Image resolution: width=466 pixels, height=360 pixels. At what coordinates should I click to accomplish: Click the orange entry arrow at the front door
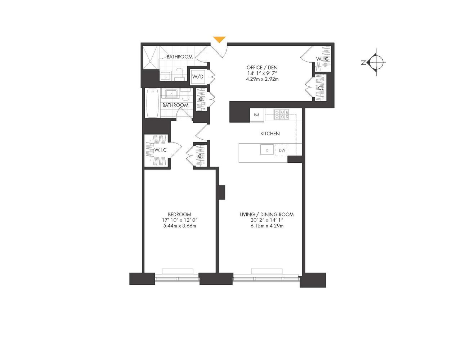click(x=219, y=39)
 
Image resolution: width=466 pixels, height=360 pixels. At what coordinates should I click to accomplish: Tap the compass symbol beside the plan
click(x=376, y=62)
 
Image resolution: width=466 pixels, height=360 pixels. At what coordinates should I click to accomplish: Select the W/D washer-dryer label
click(x=198, y=77)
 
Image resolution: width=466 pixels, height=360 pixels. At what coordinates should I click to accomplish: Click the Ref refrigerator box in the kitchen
click(x=257, y=115)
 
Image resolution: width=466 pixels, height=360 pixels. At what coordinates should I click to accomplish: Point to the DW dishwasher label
click(x=282, y=150)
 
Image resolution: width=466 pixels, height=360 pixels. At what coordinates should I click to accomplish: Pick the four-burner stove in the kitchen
click(x=281, y=114)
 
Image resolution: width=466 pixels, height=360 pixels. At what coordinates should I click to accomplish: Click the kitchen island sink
click(x=267, y=149)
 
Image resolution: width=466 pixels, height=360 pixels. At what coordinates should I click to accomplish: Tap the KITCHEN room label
click(x=270, y=134)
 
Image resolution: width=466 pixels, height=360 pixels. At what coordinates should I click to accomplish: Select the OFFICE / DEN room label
click(x=262, y=67)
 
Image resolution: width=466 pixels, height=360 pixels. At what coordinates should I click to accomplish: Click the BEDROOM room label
click(x=179, y=214)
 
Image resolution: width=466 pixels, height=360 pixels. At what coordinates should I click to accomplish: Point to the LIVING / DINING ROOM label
click(x=266, y=214)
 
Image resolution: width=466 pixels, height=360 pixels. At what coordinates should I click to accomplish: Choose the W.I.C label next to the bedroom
click(x=160, y=150)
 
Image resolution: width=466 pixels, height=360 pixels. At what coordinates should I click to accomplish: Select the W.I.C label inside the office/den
click(x=322, y=59)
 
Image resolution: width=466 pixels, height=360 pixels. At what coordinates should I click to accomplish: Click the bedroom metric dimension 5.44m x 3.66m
click(x=179, y=226)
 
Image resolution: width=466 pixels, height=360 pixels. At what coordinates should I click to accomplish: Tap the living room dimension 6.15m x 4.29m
click(x=266, y=226)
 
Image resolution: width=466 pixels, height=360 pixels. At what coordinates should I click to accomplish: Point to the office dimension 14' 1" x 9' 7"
click(x=262, y=73)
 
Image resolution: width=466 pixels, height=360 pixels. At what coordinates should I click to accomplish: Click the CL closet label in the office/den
click(x=321, y=87)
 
